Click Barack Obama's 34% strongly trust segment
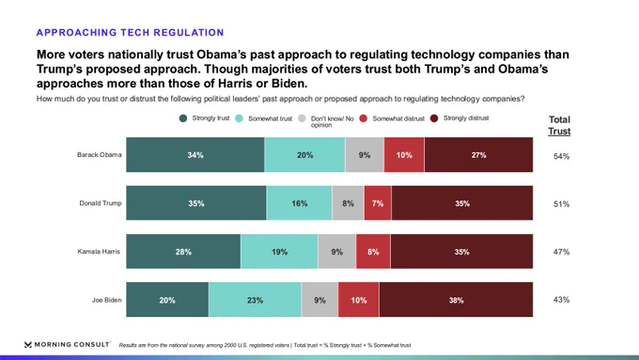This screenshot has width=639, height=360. pyautogui.click(x=195, y=154)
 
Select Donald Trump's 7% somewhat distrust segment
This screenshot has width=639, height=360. pyautogui.click(x=378, y=203)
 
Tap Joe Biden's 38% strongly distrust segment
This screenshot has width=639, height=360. pyautogui.click(x=456, y=300)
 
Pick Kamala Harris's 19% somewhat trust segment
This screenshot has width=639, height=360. pyautogui.click(x=280, y=251)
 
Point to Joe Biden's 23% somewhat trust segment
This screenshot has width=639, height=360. pyautogui.click(x=255, y=300)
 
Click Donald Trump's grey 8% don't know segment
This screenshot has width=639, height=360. pyautogui.click(x=348, y=203)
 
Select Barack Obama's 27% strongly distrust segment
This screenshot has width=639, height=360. pyautogui.click(x=478, y=154)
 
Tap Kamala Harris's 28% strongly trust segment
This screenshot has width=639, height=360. pyautogui.click(x=183, y=251)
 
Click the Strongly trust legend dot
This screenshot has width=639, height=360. pyautogui.click(x=183, y=118)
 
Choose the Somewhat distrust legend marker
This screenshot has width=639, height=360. pyautogui.click(x=363, y=118)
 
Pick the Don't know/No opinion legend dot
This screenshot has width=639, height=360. pyautogui.click(x=302, y=118)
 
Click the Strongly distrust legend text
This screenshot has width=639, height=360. pyautogui.click(x=466, y=118)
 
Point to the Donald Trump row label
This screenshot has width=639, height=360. pyautogui.click(x=101, y=203)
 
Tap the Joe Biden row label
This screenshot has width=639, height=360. pyautogui.click(x=106, y=300)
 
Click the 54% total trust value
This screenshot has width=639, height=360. pyautogui.click(x=561, y=156)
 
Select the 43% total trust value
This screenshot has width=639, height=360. pyautogui.click(x=561, y=300)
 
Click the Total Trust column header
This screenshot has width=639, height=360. pyautogui.click(x=559, y=126)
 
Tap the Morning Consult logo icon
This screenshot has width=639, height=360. pyautogui.click(x=27, y=345)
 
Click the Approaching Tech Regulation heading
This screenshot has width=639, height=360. pyautogui.click(x=130, y=33)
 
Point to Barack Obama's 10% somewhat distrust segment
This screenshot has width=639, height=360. pyautogui.click(x=404, y=154)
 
